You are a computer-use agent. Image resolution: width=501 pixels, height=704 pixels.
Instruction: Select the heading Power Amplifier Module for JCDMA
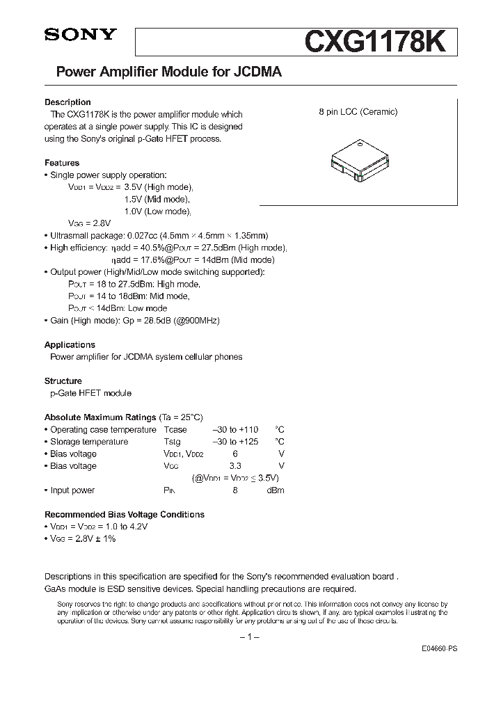[x=164, y=72]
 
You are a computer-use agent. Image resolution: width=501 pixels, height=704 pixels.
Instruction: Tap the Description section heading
[x=67, y=102]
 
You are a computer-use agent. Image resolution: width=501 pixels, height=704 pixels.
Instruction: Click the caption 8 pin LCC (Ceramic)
[x=358, y=112]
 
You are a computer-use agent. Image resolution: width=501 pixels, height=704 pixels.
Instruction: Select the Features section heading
[x=62, y=163]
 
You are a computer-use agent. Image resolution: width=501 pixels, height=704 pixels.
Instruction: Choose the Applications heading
[x=70, y=345]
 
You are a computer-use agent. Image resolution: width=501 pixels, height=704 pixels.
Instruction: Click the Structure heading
[x=63, y=381]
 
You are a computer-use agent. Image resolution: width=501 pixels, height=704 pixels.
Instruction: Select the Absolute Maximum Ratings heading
[x=100, y=417]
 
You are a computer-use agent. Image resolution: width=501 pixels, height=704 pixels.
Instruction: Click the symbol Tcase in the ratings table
[x=175, y=430]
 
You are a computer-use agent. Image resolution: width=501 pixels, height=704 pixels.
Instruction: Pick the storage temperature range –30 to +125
[x=235, y=442]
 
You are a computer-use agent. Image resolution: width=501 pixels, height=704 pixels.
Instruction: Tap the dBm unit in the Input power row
[x=276, y=490]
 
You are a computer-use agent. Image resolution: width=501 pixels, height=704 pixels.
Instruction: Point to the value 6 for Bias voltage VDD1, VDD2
[x=235, y=454]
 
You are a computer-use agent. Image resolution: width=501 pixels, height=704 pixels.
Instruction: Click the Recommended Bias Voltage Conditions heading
[x=125, y=515]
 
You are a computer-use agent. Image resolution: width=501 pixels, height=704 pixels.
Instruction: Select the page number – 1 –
[x=249, y=638]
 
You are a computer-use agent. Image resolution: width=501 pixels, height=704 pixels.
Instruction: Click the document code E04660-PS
[x=440, y=648]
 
